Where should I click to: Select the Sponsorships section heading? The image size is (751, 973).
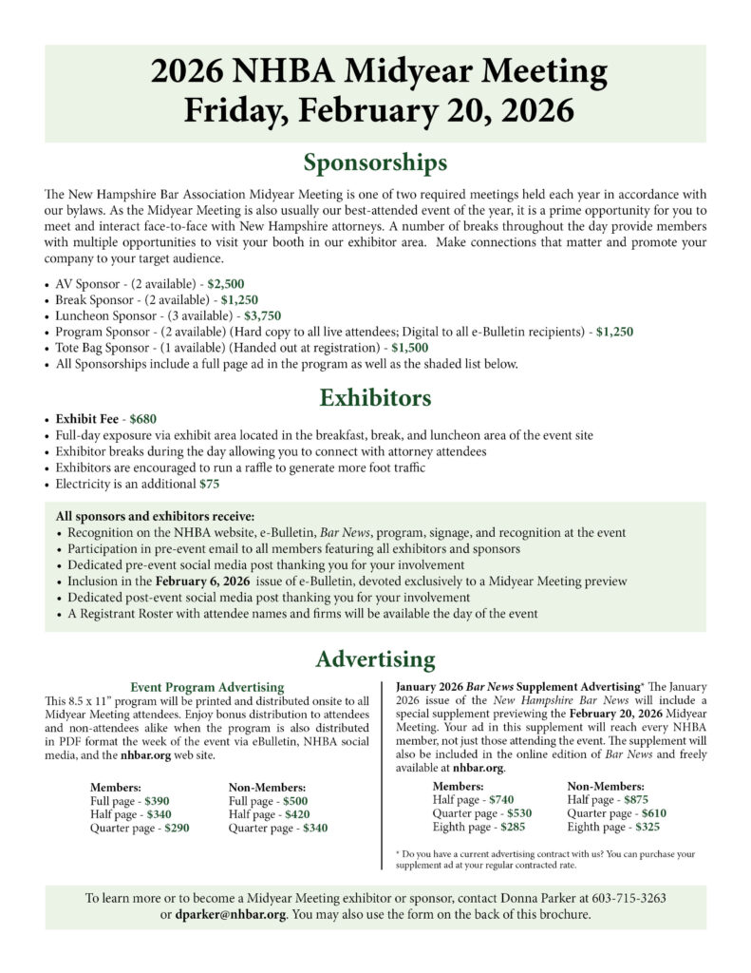pyautogui.click(x=375, y=162)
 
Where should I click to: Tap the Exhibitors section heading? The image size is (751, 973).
pyautogui.click(x=375, y=396)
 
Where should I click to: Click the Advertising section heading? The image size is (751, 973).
pyautogui.click(x=375, y=658)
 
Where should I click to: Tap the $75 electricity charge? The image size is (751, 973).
pyautogui.click(x=209, y=484)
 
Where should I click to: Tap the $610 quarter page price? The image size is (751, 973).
pyautogui.click(x=647, y=813)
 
